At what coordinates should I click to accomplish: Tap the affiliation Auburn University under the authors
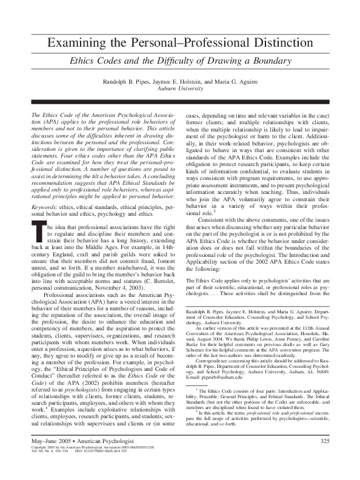coord(180,88)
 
